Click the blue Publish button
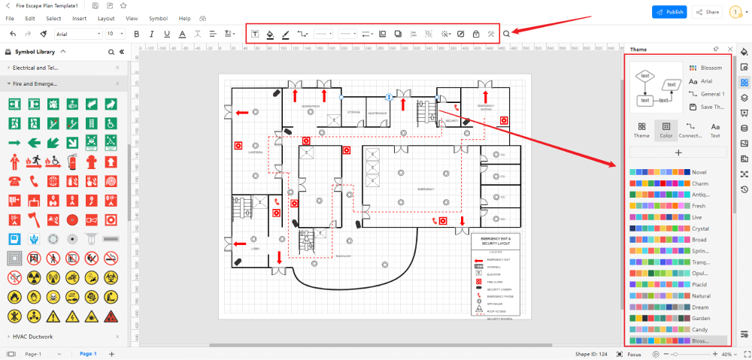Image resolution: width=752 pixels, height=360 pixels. click(x=669, y=12)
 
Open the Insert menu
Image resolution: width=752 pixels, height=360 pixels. click(x=79, y=17)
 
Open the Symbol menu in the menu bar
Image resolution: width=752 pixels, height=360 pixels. click(x=158, y=17)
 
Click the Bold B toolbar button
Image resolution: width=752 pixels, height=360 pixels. click(x=136, y=34)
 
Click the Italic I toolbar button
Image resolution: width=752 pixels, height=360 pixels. click(x=150, y=34)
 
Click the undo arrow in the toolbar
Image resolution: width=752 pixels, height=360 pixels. click(x=13, y=34)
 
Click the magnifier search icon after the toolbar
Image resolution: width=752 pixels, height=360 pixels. click(x=507, y=34)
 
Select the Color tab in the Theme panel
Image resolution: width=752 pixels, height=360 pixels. click(x=666, y=130)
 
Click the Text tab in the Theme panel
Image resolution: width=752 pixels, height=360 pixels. click(x=715, y=130)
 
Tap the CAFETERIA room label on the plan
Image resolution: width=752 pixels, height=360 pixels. click(x=256, y=152)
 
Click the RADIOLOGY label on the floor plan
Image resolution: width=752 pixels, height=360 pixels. click(x=344, y=256)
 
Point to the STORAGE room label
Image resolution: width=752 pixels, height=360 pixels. click(x=353, y=113)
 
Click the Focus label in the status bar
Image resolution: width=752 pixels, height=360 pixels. click(x=634, y=353)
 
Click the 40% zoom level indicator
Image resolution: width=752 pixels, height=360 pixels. click(x=727, y=353)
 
